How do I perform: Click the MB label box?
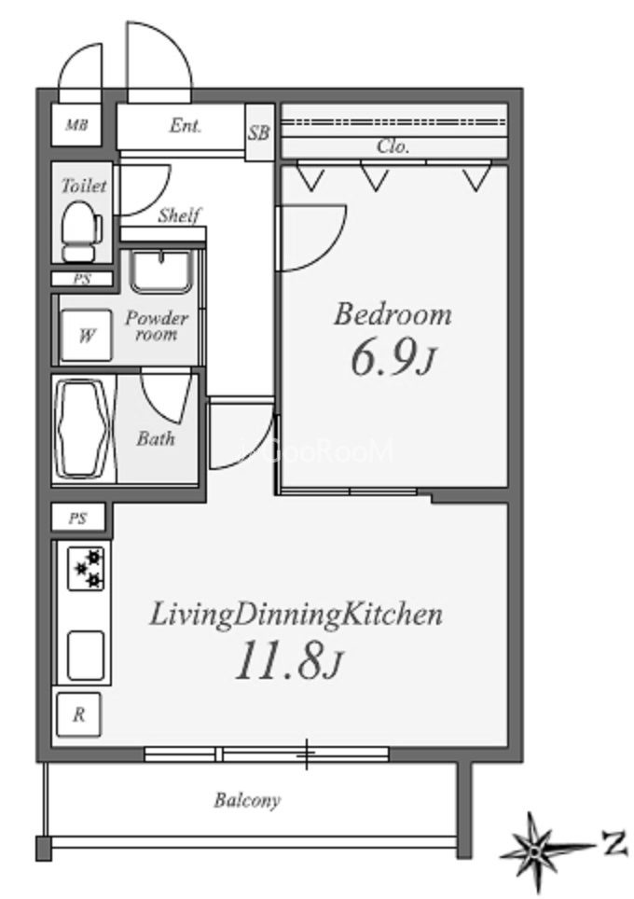76,124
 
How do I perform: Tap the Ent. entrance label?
186,126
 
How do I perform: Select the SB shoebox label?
258,132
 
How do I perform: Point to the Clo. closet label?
393,146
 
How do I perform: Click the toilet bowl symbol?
81,233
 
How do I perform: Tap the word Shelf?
179,215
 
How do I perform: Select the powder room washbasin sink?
160,271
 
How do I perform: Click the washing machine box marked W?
86,336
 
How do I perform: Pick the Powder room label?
157,325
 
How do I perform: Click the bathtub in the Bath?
85,429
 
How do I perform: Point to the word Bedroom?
393,315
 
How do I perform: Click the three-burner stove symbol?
86,568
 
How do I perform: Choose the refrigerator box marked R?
78,714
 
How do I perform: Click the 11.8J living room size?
288,660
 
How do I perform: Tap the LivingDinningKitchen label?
296,615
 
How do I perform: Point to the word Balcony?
247,800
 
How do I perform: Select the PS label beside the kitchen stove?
78,519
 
